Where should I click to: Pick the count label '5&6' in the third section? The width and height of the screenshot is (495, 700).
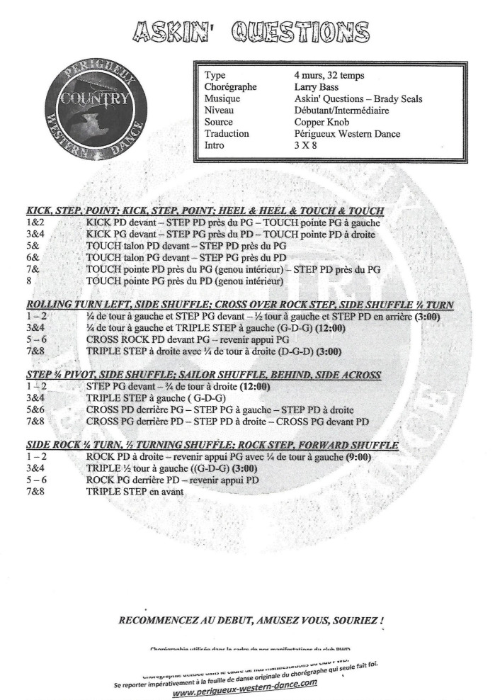coord(35,410)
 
